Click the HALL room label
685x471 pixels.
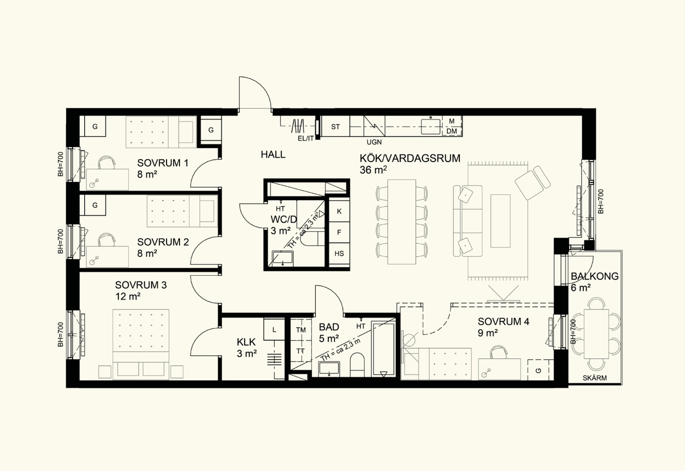click(273, 154)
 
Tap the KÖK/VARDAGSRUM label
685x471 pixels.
click(410, 158)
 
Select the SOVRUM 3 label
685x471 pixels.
click(141, 285)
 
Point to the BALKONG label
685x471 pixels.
click(594, 276)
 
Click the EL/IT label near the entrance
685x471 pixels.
click(305, 138)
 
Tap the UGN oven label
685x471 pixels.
click(374, 142)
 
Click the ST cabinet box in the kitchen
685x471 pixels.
click(335, 126)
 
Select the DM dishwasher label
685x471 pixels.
click(452, 131)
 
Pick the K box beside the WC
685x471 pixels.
click(339, 211)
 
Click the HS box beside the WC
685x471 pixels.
click(339, 253)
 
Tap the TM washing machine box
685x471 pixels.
click(301, 330)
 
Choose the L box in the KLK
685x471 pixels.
click(274, 330)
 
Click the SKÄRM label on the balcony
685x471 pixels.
click(594, 378)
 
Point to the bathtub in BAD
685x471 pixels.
click(384, 349)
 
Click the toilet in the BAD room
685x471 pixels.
click(357, 365)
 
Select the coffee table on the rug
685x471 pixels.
click(500, 221)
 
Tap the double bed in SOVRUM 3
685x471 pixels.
click(141, 345)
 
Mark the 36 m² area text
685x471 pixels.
click(374, 170)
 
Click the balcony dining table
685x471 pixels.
click(596, 334)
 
